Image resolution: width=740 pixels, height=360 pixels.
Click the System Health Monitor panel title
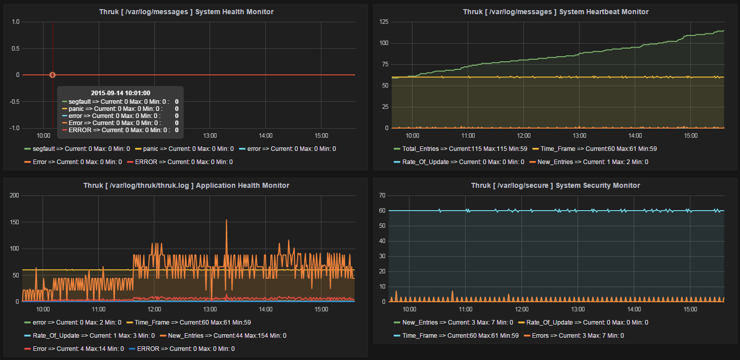click(186, 12)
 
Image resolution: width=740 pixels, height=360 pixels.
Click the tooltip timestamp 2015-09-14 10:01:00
click(120, 93)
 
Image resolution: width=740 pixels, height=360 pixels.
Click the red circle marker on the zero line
click(52, 75)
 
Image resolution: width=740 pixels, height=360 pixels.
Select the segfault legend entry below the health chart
click(77, 149)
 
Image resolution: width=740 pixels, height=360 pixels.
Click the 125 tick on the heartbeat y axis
click(383, 22)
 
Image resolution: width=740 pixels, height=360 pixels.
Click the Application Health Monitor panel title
click(186, 186)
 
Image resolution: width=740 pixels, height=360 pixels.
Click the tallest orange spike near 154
click(226, 221)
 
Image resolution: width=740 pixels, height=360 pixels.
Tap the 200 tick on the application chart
click(14, 195)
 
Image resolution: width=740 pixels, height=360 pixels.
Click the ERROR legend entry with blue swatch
click(182, 348)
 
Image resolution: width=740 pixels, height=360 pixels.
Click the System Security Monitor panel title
click(556, 186)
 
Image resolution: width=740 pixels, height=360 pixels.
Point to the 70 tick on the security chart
click(383, 195)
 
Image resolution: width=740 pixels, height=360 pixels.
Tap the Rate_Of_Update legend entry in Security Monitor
click(587, 322)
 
